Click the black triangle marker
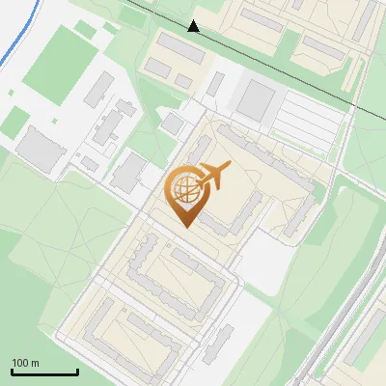(194, 26)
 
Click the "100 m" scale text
(25, 363)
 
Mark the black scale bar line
(44, 372)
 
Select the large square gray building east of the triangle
(256, 98)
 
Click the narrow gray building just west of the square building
(216, 85)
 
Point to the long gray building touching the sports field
(97, 89)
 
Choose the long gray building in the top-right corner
(364, 19)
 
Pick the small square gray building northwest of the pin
(173, 124)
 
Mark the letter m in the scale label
(34, 363)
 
